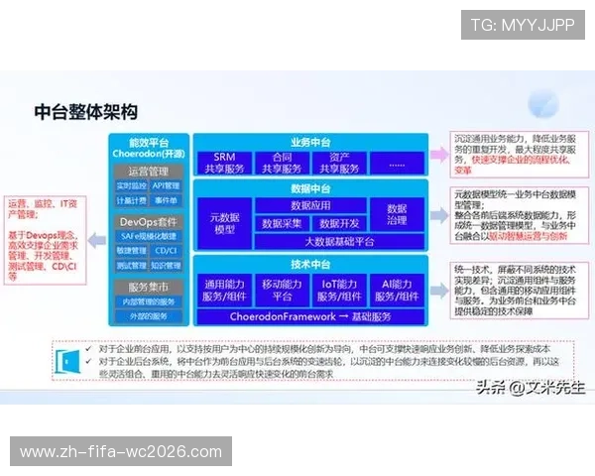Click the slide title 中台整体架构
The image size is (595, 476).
(x=85, y=110)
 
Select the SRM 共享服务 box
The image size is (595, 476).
(x=223, y=163)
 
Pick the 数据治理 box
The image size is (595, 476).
(x=397, y=215)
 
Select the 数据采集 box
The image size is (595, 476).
(x=282, y=224)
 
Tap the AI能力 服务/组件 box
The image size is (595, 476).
(x=397, y=290)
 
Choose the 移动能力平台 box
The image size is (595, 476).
(x=282, y=290)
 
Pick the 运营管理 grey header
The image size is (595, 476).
(x=149, y=171)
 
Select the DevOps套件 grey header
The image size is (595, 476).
(x=149, y=221)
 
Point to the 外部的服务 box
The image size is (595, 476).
(x=149, y=315)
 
